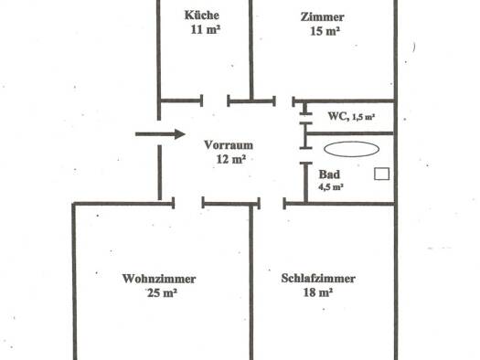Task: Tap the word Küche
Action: click(x=203, y=16)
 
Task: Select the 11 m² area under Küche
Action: click(x=204, y=29)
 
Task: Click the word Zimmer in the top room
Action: click(x=322, y=17)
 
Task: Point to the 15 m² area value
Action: click(x=324, y=31)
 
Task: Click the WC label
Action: click(x=336, y=115)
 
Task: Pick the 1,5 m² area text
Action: click(x=365, y=116)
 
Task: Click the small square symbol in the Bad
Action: click(x=382, y=174)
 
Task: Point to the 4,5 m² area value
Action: click(x=330, y=186)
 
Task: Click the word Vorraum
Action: click(x=229, y=144)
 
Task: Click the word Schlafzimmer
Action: click(x=318, y=279)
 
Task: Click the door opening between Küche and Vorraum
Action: click(x=215, y=101)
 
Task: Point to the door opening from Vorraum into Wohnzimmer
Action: click(x=187, y=202)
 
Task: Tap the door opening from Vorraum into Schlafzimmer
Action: click(x=272, y=202)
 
